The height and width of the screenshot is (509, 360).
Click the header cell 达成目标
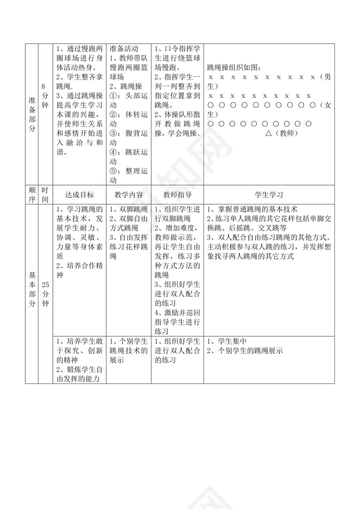coord(79,195)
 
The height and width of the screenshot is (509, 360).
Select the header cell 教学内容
coord(129,195)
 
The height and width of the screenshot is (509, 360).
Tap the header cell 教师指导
coord(177,195)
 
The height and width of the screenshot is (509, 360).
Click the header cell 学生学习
coord(268,195)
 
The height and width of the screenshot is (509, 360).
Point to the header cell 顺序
coord(31,195)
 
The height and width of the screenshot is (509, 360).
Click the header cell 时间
coord(45,195)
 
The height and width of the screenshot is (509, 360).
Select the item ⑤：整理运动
coord(128,175)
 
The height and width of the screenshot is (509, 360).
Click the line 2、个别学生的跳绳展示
coord(245,351)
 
